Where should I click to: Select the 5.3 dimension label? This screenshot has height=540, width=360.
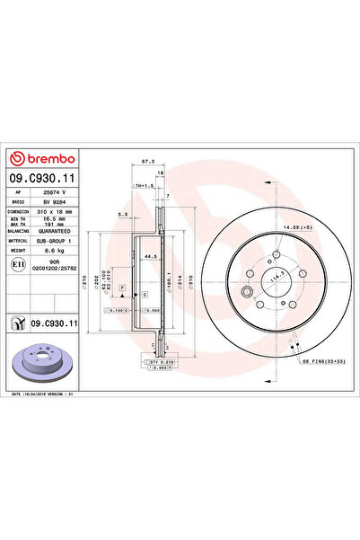124,214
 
